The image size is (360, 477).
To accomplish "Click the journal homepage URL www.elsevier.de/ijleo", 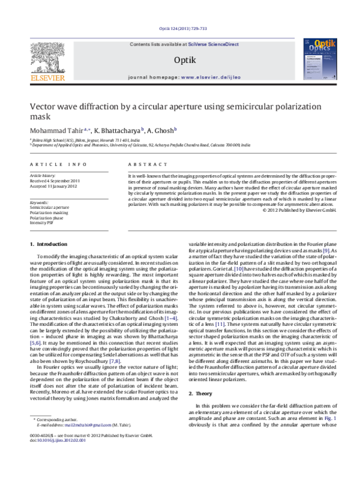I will point(207,77).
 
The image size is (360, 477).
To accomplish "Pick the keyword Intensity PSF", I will point(42,221).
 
